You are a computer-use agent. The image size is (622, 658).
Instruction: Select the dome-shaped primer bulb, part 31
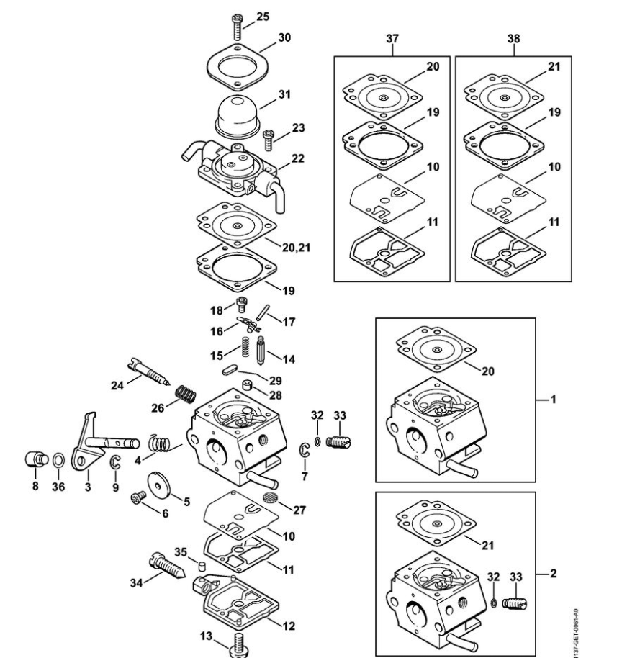click(x=235, y=112)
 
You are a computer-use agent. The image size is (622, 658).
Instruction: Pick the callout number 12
click(x=288, y=626)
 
